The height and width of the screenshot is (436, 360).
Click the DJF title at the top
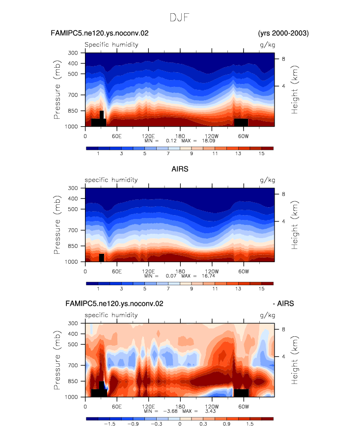tap(179, 18)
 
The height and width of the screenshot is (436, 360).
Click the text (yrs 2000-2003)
tap(283, 33)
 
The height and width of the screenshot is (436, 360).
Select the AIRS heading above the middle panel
tap(180, 169)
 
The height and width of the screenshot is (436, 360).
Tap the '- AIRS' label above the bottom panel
tap(283, 303)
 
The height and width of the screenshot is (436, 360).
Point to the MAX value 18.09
tap(208, 141)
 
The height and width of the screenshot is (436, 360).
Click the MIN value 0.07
tap(171, 276)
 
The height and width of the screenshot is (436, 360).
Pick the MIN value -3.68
tap(170, 411)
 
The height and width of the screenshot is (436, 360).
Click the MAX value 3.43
tap(210, 411)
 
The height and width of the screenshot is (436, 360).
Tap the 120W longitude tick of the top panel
tap(212, 136)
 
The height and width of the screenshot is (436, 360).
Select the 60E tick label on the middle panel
tap(117, 271)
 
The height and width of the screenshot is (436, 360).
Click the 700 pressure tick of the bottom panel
tap(73, 365)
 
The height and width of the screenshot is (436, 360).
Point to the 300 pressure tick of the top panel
tap(73, 53)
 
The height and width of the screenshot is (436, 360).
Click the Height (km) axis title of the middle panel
tap(294, 225)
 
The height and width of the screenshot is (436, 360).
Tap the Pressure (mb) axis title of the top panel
tap(57, 89)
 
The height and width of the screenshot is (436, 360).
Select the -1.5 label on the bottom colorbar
tap(110, 424)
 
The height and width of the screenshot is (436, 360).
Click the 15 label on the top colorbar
tap(261, 154)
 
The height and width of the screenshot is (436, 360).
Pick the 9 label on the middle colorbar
tap(192, 289)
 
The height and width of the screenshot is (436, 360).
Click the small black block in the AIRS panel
tap(102, 258)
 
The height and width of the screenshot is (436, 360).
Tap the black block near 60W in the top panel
tap(241, 123)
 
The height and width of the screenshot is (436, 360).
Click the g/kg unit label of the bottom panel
tap(267, 315)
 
